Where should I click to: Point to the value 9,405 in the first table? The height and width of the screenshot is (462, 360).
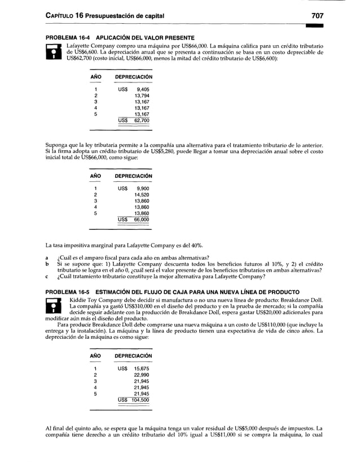[142, 89]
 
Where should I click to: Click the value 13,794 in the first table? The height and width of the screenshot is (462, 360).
[141, 95]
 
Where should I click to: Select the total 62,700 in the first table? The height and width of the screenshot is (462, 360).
[141, 120]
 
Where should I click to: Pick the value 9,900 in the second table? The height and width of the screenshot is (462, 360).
[142, 188]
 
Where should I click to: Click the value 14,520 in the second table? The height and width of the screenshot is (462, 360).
[141, 194]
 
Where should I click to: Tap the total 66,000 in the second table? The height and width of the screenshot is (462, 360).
[141, 219]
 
